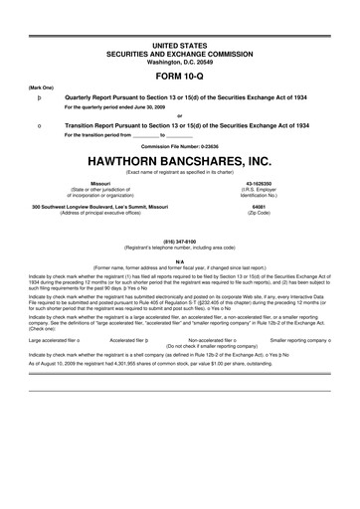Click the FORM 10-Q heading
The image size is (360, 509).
click(179, 75)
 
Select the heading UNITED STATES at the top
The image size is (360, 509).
click(179, 47)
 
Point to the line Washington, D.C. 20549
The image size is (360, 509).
click(179, 61)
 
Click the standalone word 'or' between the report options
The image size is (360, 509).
click(179, 116)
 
